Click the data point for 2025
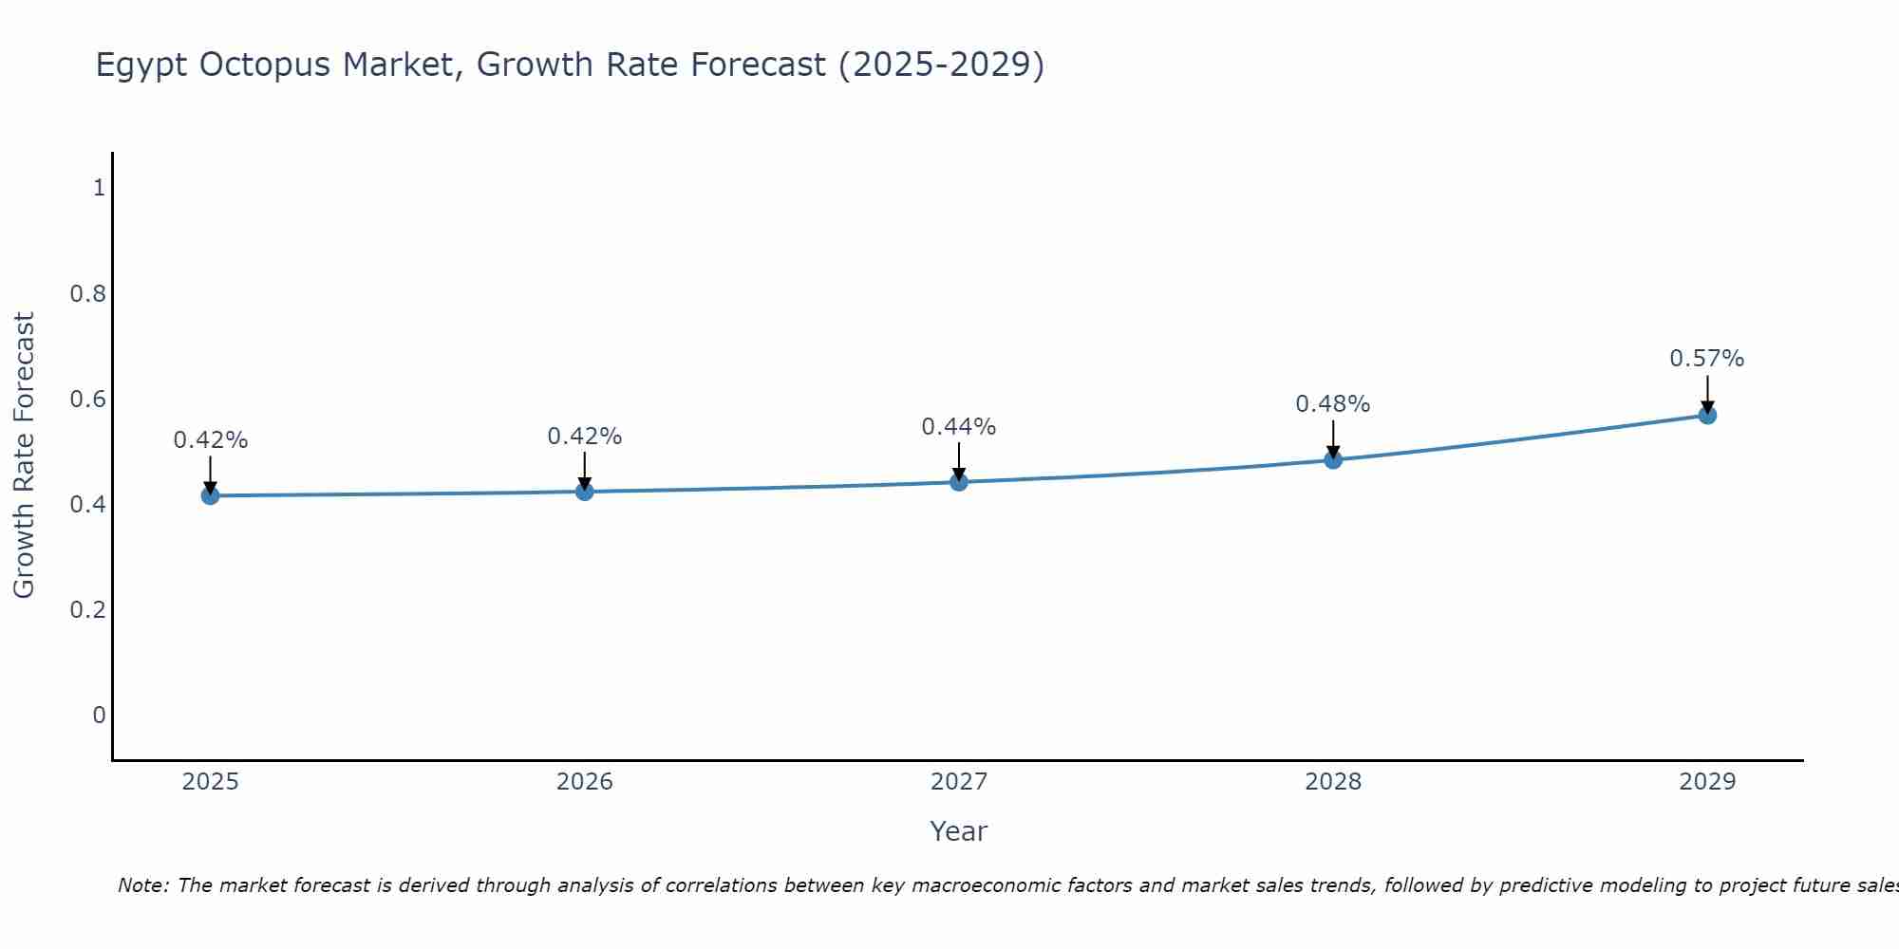point(211,495)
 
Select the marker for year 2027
point(959,482)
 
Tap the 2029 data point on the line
point(1707,415)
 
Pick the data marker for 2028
point(1333,460)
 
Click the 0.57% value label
point(1706,359)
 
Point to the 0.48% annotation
point(1332,404)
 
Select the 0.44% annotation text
point(958,427)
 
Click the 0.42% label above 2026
point(584,437)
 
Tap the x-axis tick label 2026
point(584,782)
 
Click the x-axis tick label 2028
point(1332,782)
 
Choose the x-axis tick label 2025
point(210,782)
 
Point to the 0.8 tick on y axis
point(87,294)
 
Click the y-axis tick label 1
point(99,188)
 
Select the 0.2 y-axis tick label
point(87,609)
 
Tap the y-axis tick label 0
point(99,715)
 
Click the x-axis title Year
point(958,831)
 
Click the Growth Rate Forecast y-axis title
point(24,456)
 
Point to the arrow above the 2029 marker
point(1707,391)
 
